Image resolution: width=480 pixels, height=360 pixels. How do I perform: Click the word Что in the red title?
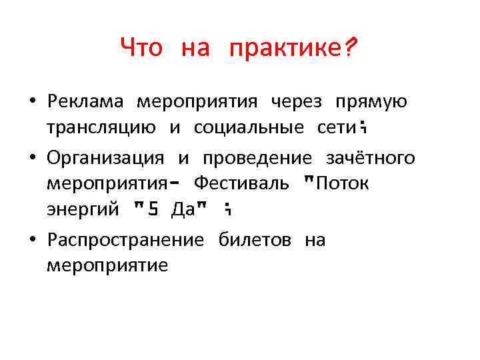(141, 48)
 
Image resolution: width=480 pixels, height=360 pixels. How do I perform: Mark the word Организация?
(105, 158)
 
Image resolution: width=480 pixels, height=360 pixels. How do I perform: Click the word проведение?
(257, 158)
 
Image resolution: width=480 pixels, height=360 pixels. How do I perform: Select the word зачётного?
(370, 158)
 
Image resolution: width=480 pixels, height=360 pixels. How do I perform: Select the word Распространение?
(125, 241)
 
